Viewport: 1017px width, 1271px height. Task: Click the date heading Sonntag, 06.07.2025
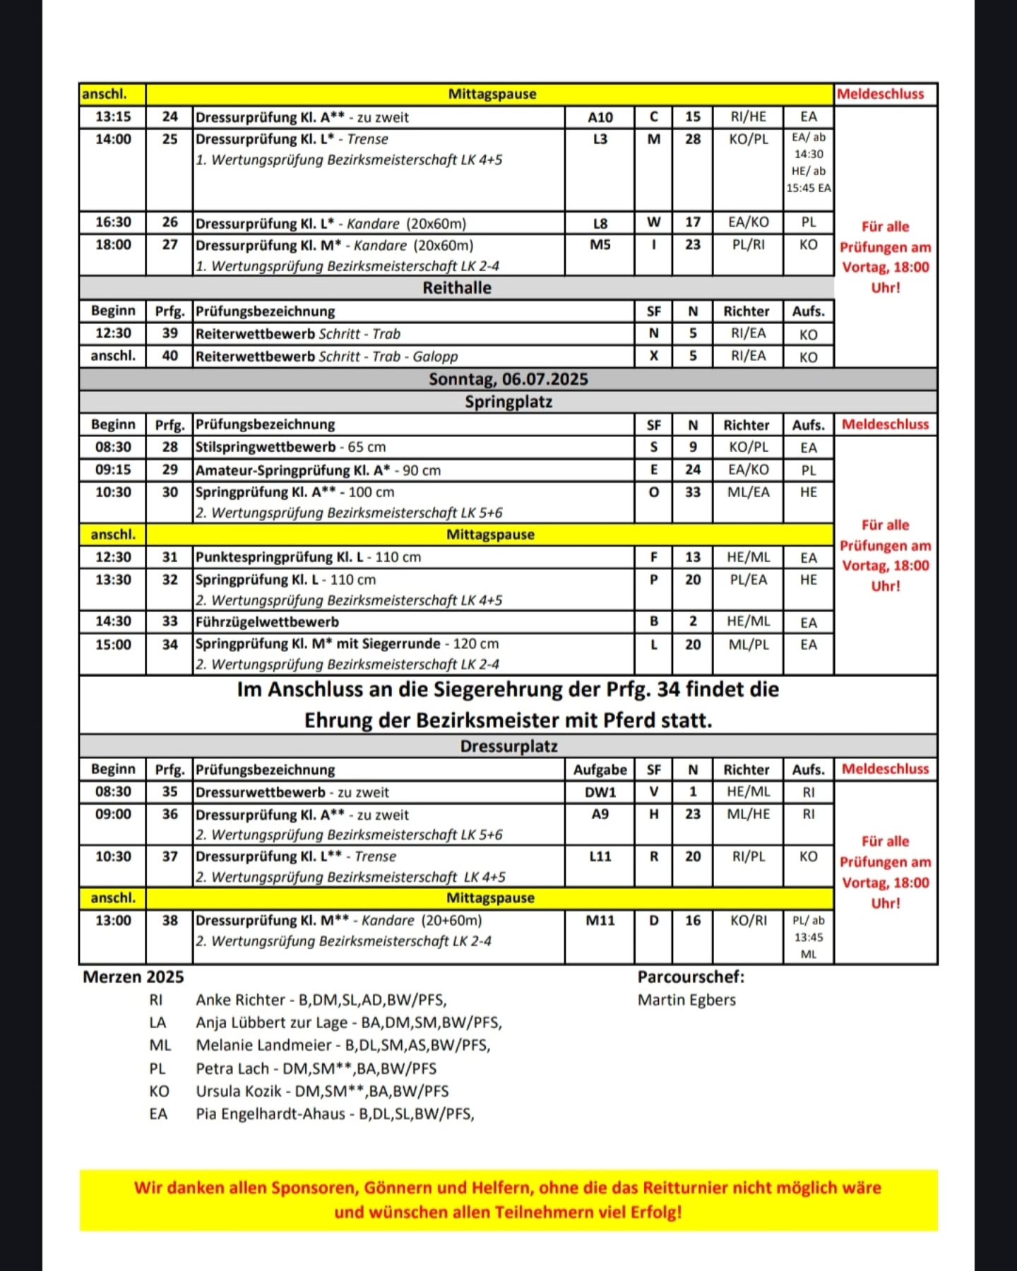click(x=508, y=379)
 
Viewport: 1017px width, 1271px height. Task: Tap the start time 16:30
click(x=113, y=222)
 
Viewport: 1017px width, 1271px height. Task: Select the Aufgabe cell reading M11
click(x=600, y=921)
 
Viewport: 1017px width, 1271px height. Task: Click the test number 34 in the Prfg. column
click(x=169, y=645)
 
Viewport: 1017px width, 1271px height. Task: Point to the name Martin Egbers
click(x=686, y=1000)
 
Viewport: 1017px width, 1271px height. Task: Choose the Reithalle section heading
click(x=457, y=287)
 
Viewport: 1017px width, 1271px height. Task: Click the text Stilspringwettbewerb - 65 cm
click(x=290, y=447)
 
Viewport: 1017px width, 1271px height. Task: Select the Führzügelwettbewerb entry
click(x=267, y=622)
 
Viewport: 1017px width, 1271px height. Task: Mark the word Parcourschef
click(x=690, y=977)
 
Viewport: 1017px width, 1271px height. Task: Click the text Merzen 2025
click(x=133, y=977)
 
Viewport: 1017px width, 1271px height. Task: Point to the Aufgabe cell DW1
click(x=600, y=792)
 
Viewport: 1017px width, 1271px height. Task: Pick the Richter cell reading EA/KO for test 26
click(x=748, y=222)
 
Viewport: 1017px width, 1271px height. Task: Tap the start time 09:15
click(x=113, y=470)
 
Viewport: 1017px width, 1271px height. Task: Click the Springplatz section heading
click(x=508, y=402)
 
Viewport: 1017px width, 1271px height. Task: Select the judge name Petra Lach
click(x=232, y=1068)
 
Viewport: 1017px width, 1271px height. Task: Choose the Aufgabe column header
click(x=600, y=770)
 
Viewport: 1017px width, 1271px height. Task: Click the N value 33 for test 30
click(x=692, y=492)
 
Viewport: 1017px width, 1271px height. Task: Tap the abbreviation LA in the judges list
click(x=157, y=1022)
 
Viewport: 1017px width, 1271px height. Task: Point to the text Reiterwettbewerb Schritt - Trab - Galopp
click(x=326, y=357)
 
